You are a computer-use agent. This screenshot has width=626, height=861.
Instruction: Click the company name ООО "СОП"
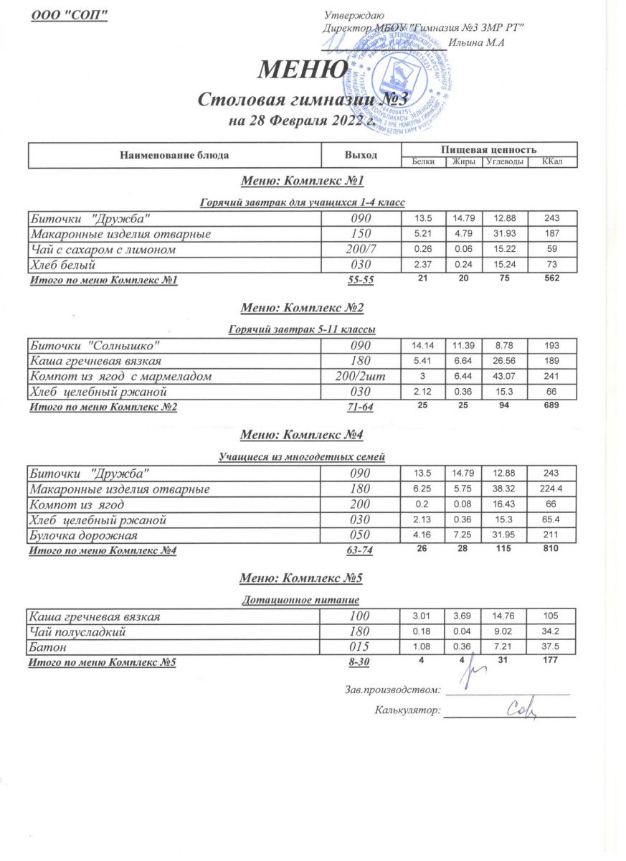coord(70,15)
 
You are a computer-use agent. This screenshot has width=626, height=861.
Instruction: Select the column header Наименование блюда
coord(175,154)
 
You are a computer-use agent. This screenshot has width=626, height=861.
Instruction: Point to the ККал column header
coord(551,161)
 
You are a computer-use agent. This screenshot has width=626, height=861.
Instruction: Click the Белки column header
coord(423,161)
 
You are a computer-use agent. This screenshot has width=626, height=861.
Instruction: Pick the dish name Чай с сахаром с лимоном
coord(102,250)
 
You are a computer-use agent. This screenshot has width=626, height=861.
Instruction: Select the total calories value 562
coord(551,278)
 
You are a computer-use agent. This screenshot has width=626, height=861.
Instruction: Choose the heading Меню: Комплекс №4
coord(302,435)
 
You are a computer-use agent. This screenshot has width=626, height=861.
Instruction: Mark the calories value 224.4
coord(551,489)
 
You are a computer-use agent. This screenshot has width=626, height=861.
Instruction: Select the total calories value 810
coord(551,549)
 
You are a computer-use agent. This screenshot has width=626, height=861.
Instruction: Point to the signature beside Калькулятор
coord(521,710)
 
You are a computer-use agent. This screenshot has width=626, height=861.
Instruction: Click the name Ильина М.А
coord(477,42)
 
